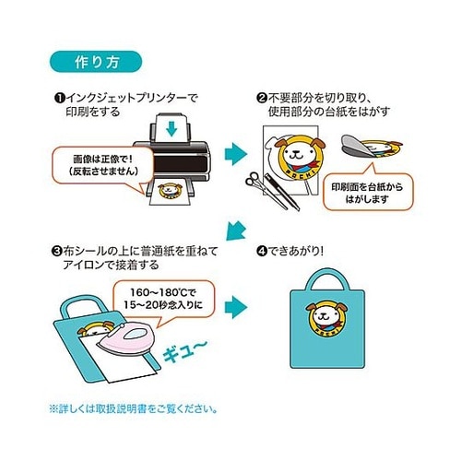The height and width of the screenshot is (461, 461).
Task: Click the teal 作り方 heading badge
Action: click(x=96, y=62)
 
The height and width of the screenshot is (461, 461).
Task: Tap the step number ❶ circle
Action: click(x=60, y=99)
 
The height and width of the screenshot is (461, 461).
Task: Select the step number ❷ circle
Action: click(x=261, y=99)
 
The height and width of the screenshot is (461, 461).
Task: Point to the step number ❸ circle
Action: click(x=56, y=251)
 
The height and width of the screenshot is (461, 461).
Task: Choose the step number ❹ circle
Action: click(x=261, y=251)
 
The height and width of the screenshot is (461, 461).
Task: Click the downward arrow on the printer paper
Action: click(x=171, y=128)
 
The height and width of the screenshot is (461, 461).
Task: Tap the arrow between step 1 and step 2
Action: click(x=236, y=154)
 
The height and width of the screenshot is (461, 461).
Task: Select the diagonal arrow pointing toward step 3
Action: click(x=236, y=230)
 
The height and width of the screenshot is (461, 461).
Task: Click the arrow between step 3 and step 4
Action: click(x=236, y=307)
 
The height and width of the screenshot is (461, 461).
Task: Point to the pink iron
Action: click(x=126, y=339)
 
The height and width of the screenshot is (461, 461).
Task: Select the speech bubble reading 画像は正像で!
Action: click(x=102, y=166)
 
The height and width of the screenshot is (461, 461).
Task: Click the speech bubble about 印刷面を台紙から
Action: click(x=368, y=192)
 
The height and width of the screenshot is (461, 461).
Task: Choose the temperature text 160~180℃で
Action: click(x=163, y=291)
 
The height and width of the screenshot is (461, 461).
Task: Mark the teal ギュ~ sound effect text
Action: click(x=185, y=351)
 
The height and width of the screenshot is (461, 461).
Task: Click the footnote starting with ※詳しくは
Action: click(x=134, y=409)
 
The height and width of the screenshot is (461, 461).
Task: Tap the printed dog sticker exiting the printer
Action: click(x=170, y=191)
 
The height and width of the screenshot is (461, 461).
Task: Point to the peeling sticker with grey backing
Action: click(x=371, y=146)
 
